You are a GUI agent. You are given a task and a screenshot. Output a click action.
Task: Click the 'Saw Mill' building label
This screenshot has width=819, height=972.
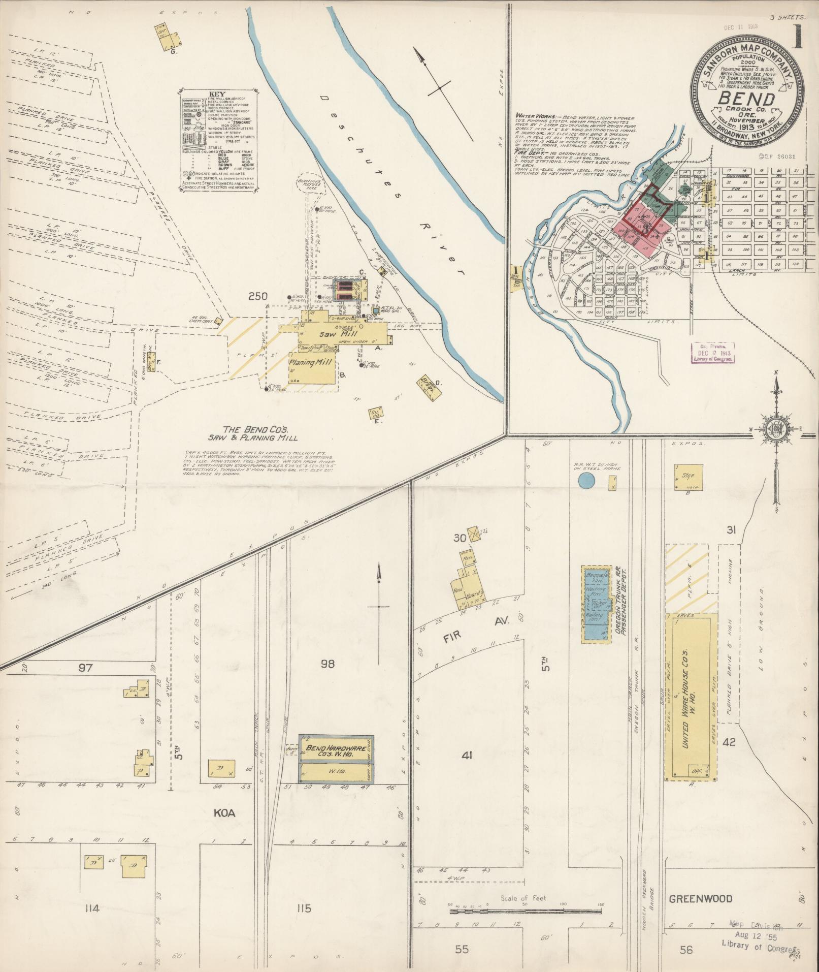coord(333,335)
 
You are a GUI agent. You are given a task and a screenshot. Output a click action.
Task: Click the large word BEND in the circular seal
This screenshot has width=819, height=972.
coord(746,99)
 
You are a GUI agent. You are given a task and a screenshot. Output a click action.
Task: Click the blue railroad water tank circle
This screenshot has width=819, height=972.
coord(586,480)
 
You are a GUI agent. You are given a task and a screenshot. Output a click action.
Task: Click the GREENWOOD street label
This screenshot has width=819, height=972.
coord(700,898)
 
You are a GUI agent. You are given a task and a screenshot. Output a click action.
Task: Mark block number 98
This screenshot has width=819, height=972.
coord(327,664)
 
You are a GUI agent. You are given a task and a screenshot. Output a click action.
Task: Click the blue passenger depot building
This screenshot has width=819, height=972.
coord(594,605)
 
